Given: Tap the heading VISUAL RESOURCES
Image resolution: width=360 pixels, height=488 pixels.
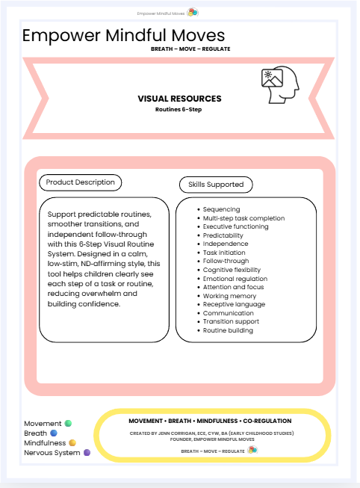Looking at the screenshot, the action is coord(179,99).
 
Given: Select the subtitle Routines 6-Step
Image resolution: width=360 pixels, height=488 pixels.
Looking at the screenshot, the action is coord(179,109).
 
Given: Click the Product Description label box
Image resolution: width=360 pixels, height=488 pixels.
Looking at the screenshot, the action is coord(81,182).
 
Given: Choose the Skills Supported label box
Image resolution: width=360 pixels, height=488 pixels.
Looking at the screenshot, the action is coord(216,184).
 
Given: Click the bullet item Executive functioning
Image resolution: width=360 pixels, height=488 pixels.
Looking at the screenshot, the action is coord(235,226).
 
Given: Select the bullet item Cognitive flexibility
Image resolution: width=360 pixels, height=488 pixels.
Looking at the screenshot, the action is coord(232,270).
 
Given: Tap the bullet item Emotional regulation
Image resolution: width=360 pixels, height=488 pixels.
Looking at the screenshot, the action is coord(235,279).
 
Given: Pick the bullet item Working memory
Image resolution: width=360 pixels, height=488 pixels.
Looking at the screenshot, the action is coord(229,296).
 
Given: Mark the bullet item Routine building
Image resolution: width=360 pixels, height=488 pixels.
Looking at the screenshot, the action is coord(228,330).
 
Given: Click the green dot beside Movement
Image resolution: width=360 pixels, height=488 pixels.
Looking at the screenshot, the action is coord(68,424).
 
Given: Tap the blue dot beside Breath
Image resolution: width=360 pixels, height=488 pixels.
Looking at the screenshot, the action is coord(53,433).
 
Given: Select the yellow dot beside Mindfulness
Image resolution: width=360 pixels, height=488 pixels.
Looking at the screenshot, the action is coord(72,443).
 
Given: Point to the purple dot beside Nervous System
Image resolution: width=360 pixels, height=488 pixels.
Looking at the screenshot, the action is coord(87,453).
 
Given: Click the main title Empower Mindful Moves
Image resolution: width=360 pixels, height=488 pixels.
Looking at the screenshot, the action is coord(123,36).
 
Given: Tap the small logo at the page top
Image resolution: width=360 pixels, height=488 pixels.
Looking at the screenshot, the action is coord(192,13).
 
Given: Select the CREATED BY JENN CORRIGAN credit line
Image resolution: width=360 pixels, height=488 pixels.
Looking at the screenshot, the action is coord(211,433).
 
